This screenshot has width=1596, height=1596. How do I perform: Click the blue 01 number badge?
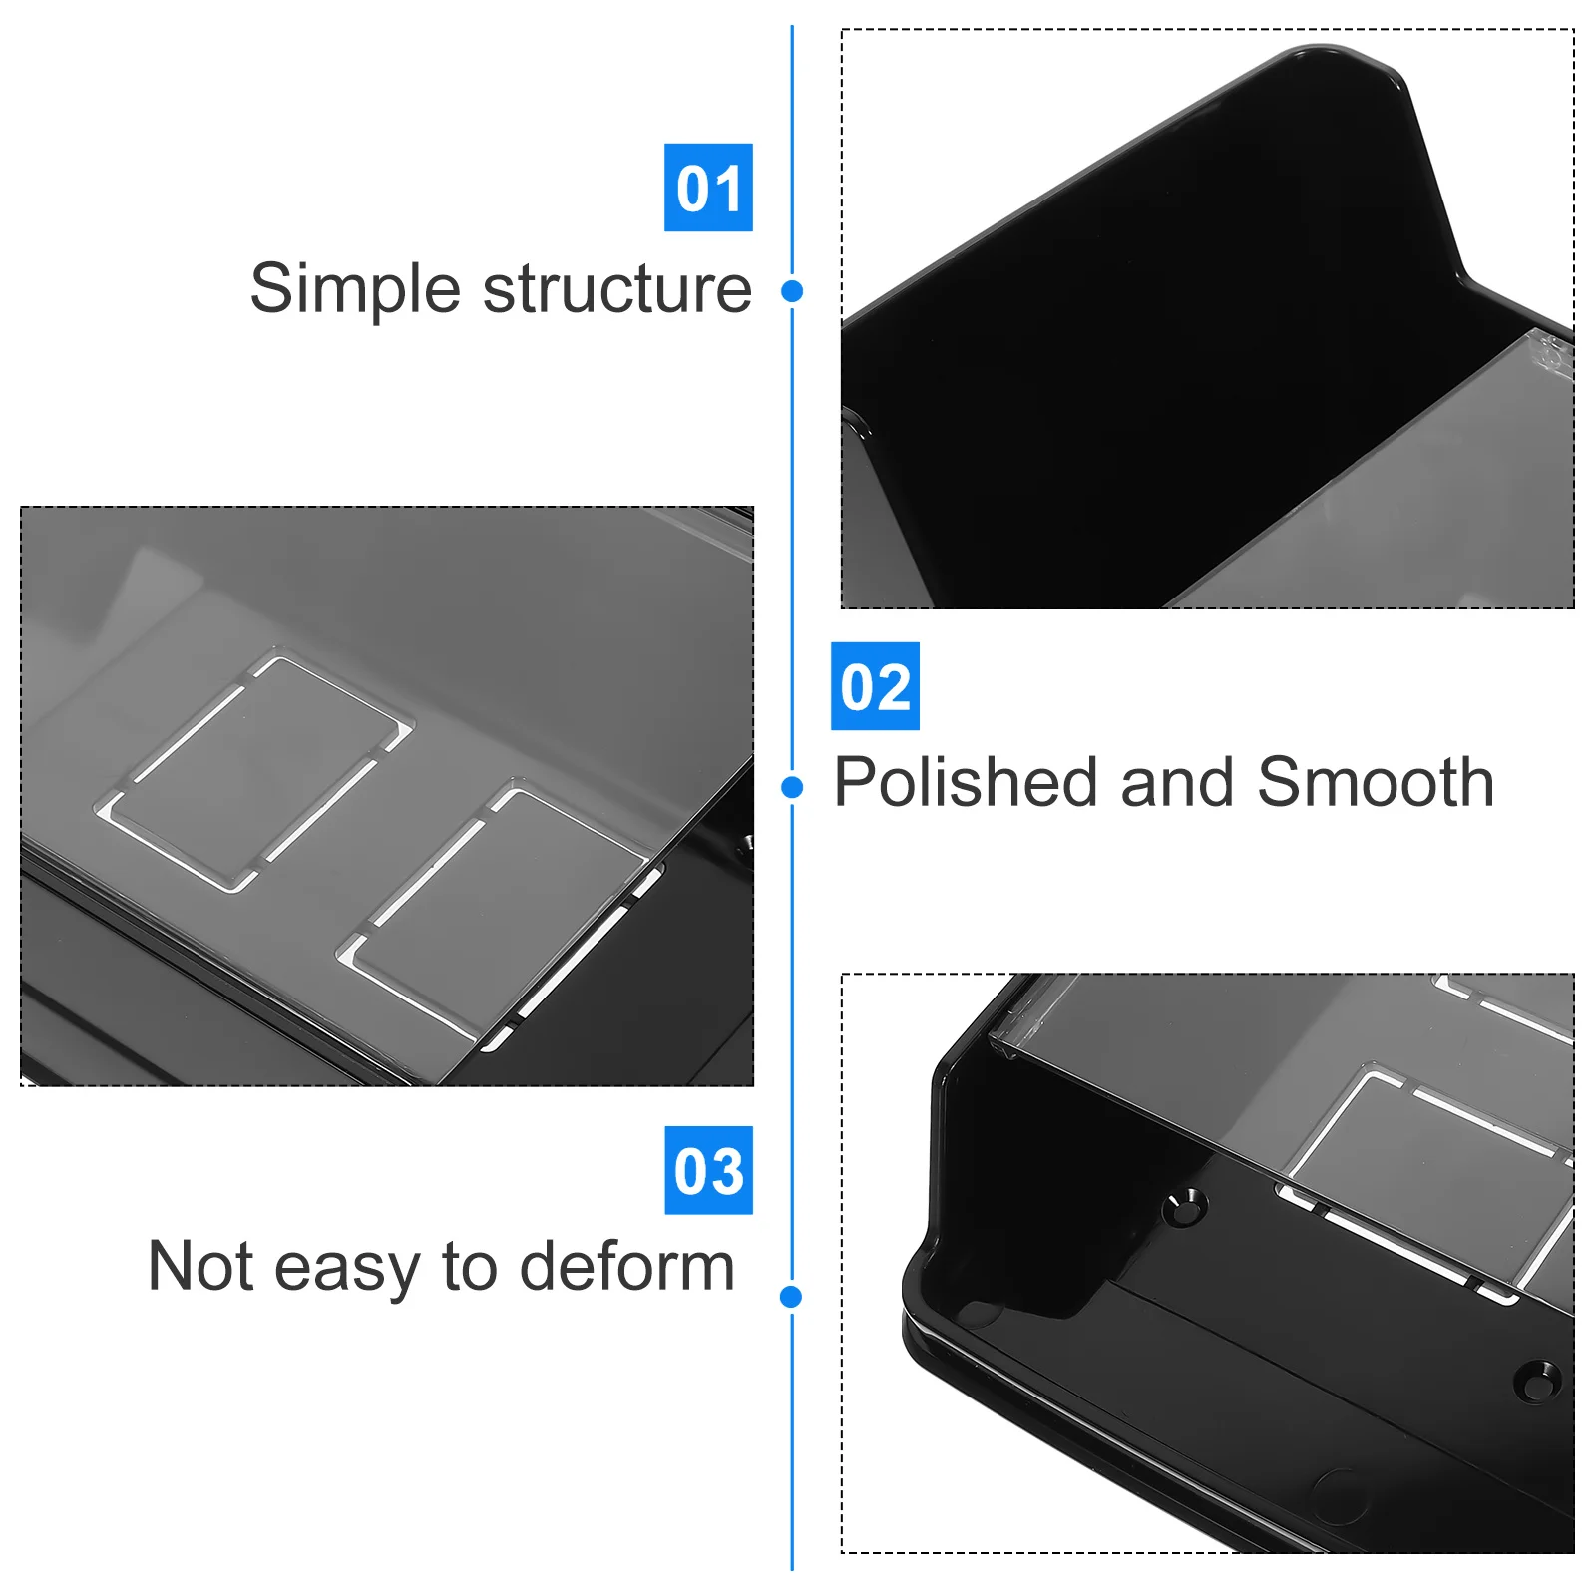[x=708, y=188]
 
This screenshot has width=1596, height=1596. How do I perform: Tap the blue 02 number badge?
[x=875, y=686]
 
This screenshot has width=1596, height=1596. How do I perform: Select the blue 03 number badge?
[x=708, y=1170]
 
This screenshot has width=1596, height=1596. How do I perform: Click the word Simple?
[x=355, y=290]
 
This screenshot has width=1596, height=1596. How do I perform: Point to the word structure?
[x=617, y=290]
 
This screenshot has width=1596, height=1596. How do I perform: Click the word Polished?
[x=969, y=782]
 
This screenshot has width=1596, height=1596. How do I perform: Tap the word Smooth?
[x=1376, y=782]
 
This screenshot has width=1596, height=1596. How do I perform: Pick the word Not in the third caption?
[x=200, y=1267]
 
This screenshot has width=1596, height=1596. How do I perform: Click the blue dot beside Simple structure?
[x=792, y=291]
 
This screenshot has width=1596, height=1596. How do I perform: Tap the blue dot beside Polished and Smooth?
[x=792, y=788]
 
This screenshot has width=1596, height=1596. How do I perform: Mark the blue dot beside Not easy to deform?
[x=791, y=1297]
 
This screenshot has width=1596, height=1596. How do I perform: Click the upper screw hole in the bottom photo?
[x=1185, y=1208]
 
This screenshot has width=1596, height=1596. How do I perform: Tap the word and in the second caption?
[x=1178, y=782]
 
